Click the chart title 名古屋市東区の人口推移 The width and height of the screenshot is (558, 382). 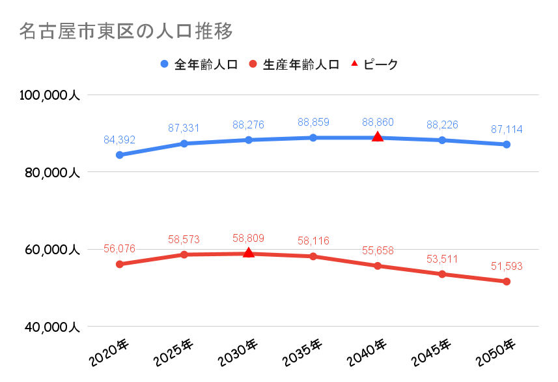(126, 31)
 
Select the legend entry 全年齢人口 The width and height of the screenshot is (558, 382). (199, 65)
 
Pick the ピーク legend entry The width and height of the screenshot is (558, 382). (374, 65)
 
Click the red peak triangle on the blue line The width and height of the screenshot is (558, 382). (378, 137)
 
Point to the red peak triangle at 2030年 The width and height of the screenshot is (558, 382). (249, 252)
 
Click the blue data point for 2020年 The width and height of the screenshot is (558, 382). (120, 155)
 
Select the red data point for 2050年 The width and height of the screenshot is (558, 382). (507, 282)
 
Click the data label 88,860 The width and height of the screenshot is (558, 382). (378, 122)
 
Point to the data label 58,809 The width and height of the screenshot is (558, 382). (249, 238)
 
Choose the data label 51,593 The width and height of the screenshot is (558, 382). (507, 266)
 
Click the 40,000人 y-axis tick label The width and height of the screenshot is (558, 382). (49, 327)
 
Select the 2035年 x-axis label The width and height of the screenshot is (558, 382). (303, 353)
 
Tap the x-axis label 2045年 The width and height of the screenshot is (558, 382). (432, 353)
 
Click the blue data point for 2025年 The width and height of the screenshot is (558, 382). (184, 143)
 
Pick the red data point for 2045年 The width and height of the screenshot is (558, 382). (442, 274)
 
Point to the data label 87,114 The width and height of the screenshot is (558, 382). (507, 129)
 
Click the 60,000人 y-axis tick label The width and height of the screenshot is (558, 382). (49, 250)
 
